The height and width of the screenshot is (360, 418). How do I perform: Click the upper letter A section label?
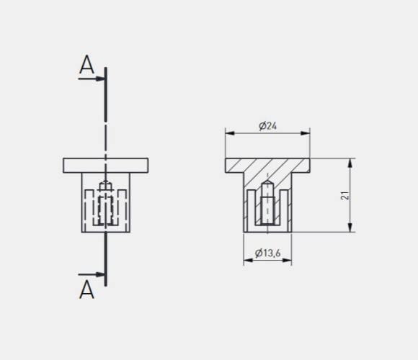tap(86, 64)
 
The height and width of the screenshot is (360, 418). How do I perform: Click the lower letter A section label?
tap(86, 289)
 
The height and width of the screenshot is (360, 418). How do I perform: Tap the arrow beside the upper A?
tap(92, 78)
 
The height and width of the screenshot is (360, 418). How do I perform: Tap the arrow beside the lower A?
tap(92, 274)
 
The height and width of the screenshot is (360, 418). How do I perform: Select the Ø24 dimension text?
tap(267, 126)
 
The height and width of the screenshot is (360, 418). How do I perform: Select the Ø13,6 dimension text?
tap(267, 253)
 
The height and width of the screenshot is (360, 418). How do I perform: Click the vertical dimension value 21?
tap(344, 195)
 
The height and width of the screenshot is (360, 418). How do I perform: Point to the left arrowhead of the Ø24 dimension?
tap(230, 133)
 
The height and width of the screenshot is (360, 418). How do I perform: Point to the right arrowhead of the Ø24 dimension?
tap(306, 133)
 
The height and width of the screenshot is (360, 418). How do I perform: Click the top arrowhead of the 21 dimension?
tap(350, 163)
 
